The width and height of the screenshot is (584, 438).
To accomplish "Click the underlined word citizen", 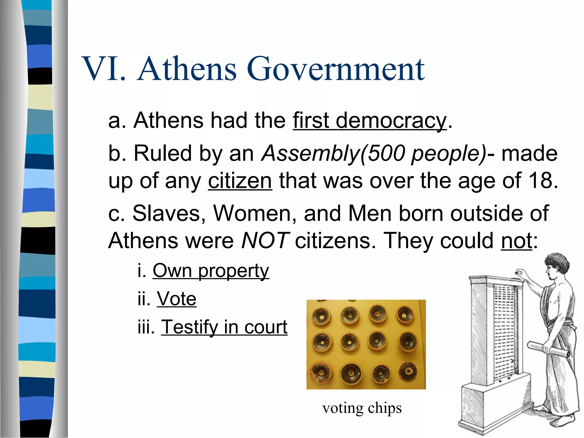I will (x=240, y=181).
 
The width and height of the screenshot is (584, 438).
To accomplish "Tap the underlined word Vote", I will (x=177, y=299).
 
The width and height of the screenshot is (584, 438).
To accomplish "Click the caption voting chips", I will (x=362, y=408).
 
